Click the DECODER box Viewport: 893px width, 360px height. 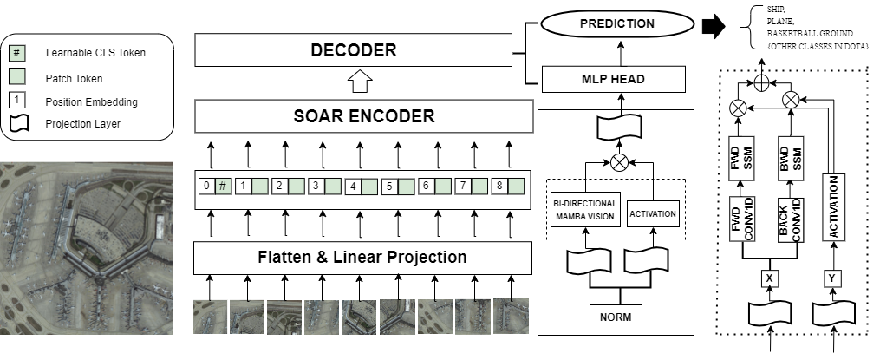353,50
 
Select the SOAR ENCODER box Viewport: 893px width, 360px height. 362,115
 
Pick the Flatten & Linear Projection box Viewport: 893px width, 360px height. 362,258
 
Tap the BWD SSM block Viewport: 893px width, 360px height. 790,156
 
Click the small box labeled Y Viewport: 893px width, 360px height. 833,278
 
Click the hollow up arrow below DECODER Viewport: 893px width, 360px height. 358,84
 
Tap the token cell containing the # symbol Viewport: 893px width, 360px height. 223,186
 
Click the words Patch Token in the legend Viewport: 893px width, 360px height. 72,77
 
